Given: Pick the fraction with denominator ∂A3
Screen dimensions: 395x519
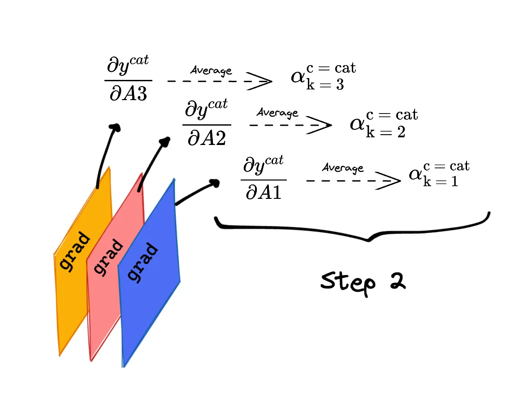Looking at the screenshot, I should pos(128,80).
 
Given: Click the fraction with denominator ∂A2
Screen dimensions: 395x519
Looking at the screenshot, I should pos(207,123).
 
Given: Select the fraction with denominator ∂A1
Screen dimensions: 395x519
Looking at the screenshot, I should pos(264,178).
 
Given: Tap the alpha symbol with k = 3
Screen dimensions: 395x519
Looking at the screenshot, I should pos(298,77).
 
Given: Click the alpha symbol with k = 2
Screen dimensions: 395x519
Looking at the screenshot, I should pos(357,123).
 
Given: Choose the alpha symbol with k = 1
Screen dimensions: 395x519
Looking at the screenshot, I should pos(415,174).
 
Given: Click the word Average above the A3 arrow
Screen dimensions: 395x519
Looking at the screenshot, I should pos(211,70).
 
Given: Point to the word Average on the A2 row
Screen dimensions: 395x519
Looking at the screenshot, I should pos(277,113).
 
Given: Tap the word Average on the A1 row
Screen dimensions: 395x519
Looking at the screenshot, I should pos(343,168).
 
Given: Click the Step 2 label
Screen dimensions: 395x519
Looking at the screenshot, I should pos(363,282).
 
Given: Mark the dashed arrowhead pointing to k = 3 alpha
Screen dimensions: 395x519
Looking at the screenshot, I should pos(262,82).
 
